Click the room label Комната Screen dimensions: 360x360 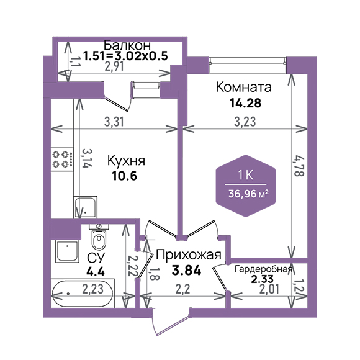coord(243,88)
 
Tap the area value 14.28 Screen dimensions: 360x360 coord(245,103)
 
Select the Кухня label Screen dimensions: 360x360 coord(126,161)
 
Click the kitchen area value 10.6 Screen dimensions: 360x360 coord(124,176)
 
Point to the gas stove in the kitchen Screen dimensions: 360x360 coord(62,159)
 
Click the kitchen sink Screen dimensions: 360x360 coord(85,207)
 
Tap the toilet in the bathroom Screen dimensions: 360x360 coord(99,237)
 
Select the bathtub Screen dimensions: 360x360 coord(83,293)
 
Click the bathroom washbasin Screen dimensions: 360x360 coord(67,251)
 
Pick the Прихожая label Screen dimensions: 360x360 coord(189,254)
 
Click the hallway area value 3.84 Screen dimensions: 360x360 coord(186,270)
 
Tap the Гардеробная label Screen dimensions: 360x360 coord(263,269)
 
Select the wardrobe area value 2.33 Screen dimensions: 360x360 coord(262,279)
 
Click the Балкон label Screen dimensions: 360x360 coord(127,45)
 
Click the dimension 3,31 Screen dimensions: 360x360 coord(114,122)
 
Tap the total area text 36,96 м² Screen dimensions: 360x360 coord(248,194)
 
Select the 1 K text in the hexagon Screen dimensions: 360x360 coord(246,176)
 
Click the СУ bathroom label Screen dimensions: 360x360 coord(96,258)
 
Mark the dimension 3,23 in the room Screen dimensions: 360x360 coord(245,122)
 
